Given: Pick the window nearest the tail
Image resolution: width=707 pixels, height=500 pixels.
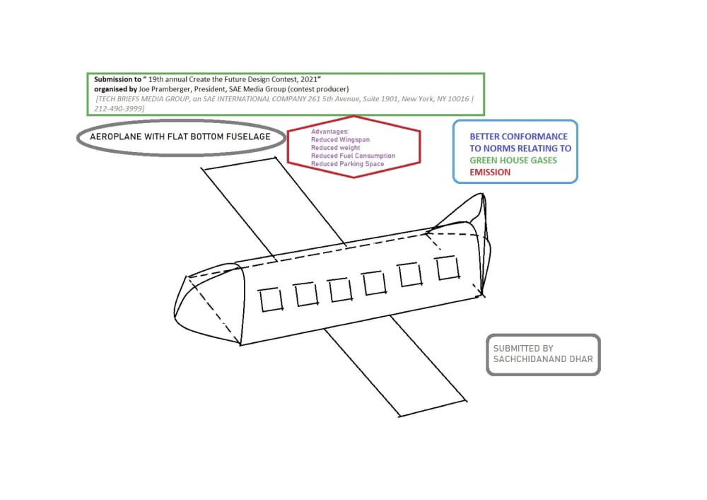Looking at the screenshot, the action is [447, 268].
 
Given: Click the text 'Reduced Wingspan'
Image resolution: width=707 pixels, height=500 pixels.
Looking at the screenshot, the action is [340, 140].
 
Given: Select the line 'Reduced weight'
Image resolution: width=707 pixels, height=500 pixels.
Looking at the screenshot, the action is [335, 148].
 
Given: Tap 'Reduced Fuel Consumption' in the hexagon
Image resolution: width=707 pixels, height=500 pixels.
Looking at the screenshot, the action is [353, 156].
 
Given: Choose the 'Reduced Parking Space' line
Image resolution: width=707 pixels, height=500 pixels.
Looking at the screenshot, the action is [347, 164].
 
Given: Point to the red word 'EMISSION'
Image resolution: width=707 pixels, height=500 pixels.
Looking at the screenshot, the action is [490, 172].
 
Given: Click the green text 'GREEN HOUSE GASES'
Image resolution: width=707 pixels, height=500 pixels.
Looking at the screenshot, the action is [513, 161].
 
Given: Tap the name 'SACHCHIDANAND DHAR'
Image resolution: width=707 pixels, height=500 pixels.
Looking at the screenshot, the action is [543, 360].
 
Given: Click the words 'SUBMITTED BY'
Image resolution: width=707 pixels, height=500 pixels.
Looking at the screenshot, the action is [523, 349].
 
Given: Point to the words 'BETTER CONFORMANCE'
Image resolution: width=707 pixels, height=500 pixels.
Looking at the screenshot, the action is [518, 136].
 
